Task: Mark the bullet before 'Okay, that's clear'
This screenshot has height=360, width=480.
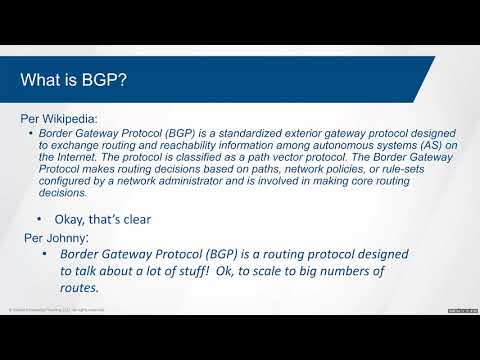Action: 39,217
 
